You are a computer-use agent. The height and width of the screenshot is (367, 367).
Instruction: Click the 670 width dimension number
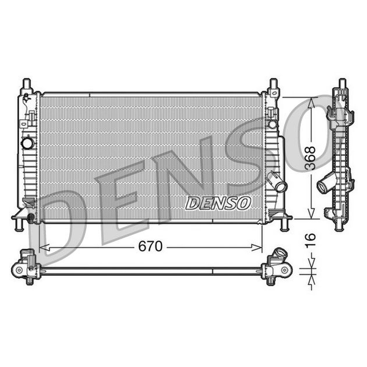tap(150, 246)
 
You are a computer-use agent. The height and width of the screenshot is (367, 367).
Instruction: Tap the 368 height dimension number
tap(311, 158)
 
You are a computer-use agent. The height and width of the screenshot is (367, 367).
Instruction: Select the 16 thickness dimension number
tap(311, 240)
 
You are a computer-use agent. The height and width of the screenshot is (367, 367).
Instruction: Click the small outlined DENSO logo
tap(218, 203)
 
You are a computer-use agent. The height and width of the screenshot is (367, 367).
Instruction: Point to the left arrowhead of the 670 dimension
tap(45, 247)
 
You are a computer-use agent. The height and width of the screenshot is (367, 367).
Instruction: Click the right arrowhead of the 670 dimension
tap(256, 247)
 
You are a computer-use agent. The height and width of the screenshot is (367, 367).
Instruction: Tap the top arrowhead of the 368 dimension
tap(311, 103)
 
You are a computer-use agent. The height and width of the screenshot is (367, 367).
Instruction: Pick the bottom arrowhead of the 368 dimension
tap(311, 213)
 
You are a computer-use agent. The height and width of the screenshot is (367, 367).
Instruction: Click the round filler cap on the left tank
tap(28, 143)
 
